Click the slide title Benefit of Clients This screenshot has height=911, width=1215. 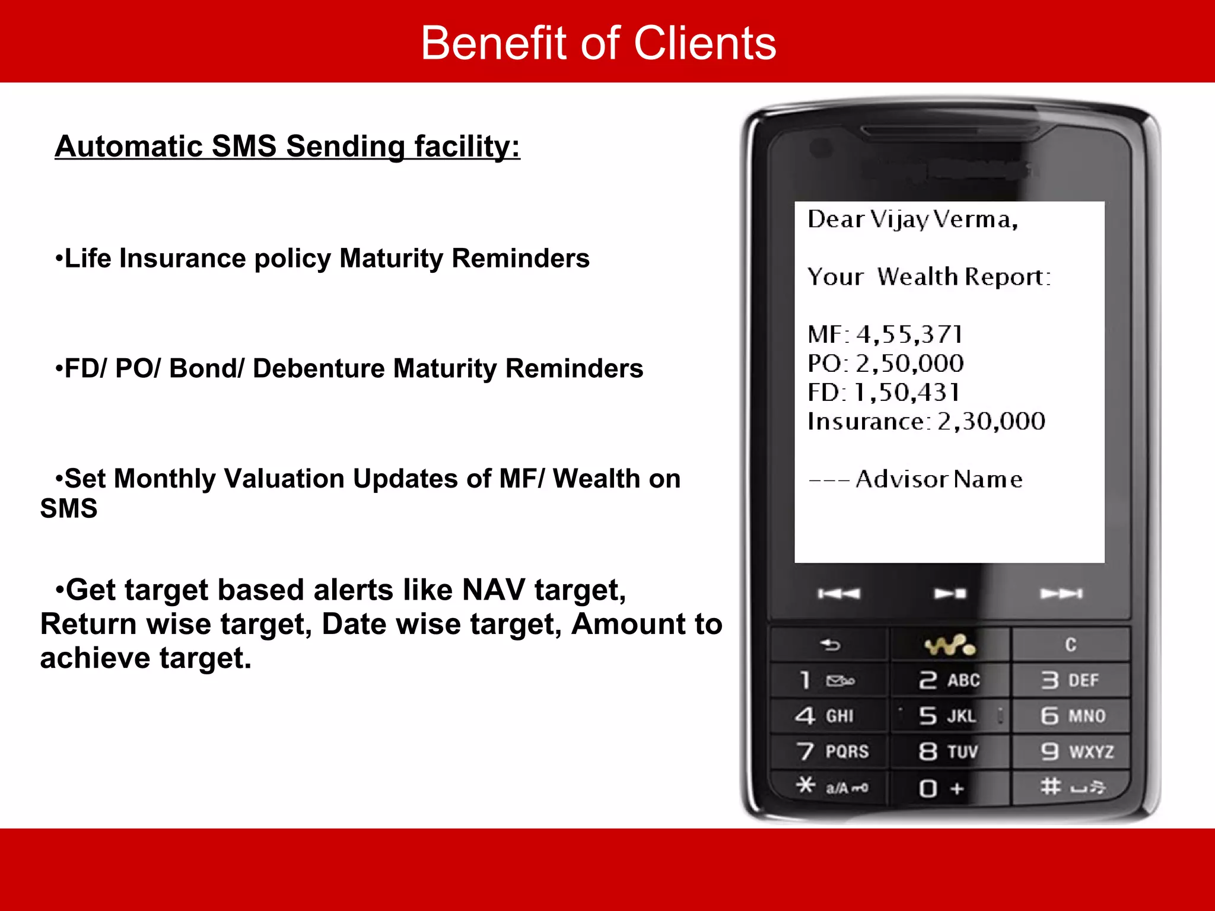pos(598,43)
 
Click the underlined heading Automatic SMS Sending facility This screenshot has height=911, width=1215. pos(287,146)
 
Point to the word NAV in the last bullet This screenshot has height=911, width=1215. pos(493,590)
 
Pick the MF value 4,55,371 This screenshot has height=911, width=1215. pos(909,335)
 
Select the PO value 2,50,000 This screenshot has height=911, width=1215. pos(909,364)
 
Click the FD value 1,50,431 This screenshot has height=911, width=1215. pos(906,393)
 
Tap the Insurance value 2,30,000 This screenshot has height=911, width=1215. pos(991,422)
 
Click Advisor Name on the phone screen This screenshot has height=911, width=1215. pos(939,479)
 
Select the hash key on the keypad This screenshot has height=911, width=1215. pos(1071,787)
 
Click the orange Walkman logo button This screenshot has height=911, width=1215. pos(949,645)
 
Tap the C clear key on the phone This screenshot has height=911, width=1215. pos(1070,645)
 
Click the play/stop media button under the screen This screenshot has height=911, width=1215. pos(950,594)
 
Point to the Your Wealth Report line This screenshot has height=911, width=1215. pos(928,277)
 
